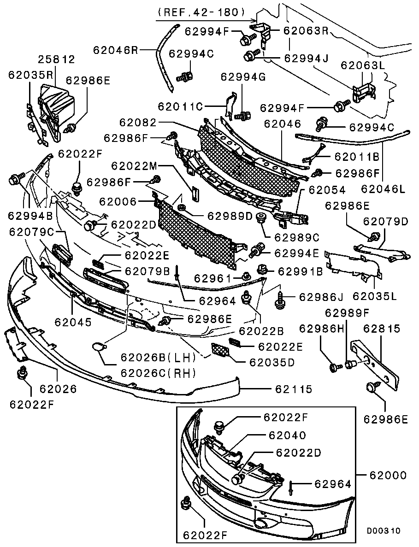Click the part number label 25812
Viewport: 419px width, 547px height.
point(56,60)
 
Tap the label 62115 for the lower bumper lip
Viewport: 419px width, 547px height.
point(294,389)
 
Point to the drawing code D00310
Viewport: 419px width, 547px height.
point(384,530)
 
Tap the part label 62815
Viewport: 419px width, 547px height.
point(382,329)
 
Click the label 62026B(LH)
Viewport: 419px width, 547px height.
point(158,357)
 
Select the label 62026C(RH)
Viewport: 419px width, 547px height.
point(158,372)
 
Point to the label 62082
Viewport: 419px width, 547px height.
point(138,123)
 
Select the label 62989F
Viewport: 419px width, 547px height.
point(347,313)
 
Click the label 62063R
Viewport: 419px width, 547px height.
point(305,31)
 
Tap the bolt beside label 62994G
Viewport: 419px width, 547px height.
point(244,113)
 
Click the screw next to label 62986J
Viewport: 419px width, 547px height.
point(280,300)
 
